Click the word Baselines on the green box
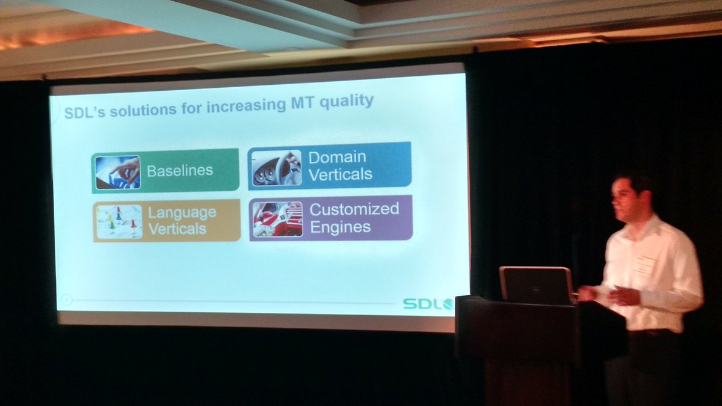(179, 171)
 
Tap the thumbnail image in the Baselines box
(117, 173)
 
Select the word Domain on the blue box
(337, 158)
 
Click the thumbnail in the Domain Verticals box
(276, 168)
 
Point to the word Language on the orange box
(182, 213)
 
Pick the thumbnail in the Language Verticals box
(119, 222)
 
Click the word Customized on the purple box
(354, 209)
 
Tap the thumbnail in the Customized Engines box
(277, 220)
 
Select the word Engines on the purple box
(340, 227)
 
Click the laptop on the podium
(535, 285)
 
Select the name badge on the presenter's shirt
(642, 265)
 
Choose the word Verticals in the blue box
(340, 175)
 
